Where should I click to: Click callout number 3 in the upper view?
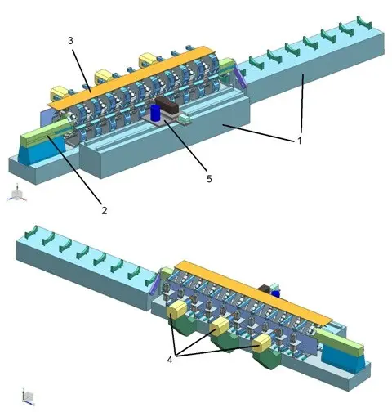click(x=70, y=41)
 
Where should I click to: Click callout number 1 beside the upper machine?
click(x=300, y=141)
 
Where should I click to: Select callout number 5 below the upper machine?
click(x=209, y=179)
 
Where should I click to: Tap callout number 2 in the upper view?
click(x=105, y=210)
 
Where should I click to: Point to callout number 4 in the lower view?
click(x=170, y=360)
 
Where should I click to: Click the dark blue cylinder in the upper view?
click(x=156, y=113)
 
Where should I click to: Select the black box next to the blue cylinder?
click(x=167, y=106)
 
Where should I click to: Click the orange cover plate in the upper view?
click(x=131, y=78)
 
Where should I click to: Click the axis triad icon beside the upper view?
click(x=17, y=194)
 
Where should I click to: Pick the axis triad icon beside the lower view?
click(x=28, y=396)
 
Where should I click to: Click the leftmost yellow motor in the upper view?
click(x=58, y=92)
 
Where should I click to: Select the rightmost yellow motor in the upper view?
click(x=148, y=60)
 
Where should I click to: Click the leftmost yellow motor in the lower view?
click(x=177, y=310)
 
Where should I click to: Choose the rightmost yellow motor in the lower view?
click(x=261, y=344)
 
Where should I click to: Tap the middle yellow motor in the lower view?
click(x=220, y=326)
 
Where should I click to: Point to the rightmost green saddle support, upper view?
click(x=364, y=22)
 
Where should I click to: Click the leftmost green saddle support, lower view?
click(x=31, y=231)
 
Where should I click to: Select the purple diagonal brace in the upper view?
click(x=241, y=75)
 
